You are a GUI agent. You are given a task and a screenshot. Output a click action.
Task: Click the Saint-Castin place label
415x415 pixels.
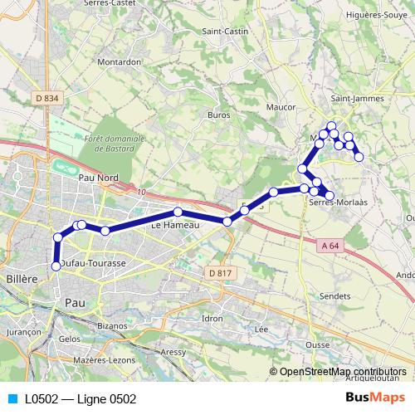click(x=225, y=32)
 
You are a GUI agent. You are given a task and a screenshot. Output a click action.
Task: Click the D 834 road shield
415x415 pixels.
click(x=47, y=99)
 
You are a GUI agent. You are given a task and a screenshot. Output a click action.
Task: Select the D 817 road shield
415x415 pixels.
click(x=220, y=273)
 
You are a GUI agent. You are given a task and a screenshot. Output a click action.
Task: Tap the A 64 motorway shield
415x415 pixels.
click(x=329, y=245)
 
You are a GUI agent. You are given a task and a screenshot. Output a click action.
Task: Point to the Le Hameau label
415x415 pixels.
click(x=173, y=224)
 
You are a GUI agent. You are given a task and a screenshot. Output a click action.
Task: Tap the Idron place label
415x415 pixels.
click(x=212, y=318)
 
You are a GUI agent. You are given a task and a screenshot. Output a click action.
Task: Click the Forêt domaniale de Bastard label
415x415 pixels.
click(x=115, y=144)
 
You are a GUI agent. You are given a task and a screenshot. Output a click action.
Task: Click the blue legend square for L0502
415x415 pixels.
click(x=12, y=399)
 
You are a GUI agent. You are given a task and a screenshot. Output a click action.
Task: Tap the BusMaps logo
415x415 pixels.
click(x=375, y=398)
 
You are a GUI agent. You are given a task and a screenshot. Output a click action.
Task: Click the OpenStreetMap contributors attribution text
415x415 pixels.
click(x=343, y=372)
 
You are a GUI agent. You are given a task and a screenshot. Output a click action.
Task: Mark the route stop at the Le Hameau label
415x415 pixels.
click(x=178, y=212)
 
